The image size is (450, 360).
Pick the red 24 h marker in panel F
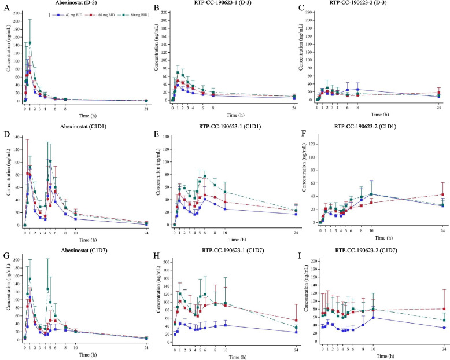pyautogui.click(x=443, y=194)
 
